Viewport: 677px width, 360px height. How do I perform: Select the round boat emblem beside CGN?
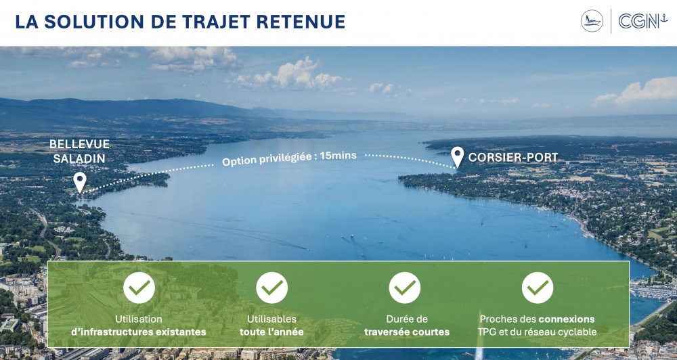point(592,21)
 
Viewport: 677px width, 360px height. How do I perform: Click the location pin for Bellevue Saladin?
point(79,182)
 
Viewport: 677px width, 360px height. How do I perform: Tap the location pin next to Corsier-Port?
point(457,157)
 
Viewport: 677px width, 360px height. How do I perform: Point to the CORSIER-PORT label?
point(513,158)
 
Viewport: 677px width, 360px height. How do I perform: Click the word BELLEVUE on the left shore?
point(79,144)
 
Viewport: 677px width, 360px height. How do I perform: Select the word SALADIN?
point(79,158)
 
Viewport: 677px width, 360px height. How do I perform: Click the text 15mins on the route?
point(338,156)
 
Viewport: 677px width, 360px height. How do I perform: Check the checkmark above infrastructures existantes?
point(139,288)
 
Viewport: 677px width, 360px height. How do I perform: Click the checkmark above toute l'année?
point(272,288)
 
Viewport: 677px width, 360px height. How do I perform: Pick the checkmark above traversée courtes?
point(405,288)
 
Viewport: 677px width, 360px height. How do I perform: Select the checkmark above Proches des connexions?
point(538,288)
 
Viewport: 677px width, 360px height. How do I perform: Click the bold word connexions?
point(567,319)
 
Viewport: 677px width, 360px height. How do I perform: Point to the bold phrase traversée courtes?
point(407,332)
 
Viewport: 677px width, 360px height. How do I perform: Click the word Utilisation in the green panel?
point(139,319)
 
